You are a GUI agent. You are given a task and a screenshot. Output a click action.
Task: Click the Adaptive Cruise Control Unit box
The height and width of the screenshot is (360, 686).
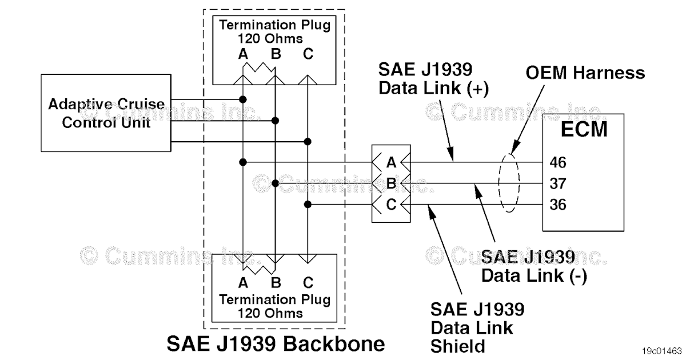[x=106, y=113]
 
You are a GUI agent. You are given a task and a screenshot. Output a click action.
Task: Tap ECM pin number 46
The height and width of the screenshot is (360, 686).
[x=558, y=163]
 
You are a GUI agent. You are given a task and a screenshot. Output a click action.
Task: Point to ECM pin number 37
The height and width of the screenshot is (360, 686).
[x=558, y=183]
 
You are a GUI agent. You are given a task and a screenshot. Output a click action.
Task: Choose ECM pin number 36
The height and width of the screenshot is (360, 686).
[x=558, y=204]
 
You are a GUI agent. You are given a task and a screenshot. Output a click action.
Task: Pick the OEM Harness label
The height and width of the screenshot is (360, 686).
[x=585, y=73]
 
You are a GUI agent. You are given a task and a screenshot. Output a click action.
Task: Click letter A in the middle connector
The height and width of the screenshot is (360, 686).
[x=391, y=163]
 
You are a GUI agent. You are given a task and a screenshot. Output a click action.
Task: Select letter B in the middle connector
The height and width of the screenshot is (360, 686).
[x=391, y=183]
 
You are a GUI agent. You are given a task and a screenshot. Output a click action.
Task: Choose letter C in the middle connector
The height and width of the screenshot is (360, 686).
[x=391, y=204]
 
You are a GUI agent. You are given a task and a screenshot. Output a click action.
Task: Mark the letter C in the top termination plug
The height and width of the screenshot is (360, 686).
[x=308, y=55]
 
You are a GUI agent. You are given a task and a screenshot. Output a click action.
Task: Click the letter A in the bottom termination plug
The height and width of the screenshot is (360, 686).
[x=243, y=283]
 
